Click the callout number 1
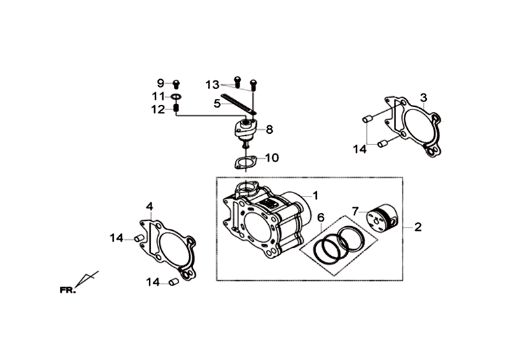[315, 195]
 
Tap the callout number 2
[418, 227]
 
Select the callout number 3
[424, 98]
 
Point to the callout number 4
[150, 206]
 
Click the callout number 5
[217, 104]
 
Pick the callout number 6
[321, 218]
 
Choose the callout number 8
[269, 129]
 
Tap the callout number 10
[272, 158]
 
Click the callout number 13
[212, 85]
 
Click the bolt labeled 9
[176, 83]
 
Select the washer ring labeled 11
[176, 97]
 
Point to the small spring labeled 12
[175, 109]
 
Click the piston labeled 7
[383, 218]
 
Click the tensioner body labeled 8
[246, 129]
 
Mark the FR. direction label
[68, 289]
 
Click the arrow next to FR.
[87, 280]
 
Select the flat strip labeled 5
[238, 104]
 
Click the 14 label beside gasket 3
[360, 149]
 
